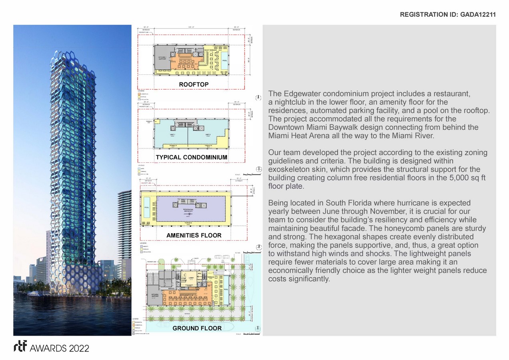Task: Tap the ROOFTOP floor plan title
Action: (x=194, y=84)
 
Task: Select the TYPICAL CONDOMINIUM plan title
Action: (x=191, y=157)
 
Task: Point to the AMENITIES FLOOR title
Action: (x=194, y=235)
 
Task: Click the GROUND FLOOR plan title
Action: (x=197, y=328)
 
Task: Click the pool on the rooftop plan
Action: (x=224, y=60)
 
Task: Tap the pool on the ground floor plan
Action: (x=226, y=290)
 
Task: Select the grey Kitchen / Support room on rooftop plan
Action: (x=162, y=58)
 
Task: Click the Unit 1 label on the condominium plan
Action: (x=172, y=135)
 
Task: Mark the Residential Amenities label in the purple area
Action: (x=188, y=210)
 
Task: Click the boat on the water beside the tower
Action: (x=38, y=294)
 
